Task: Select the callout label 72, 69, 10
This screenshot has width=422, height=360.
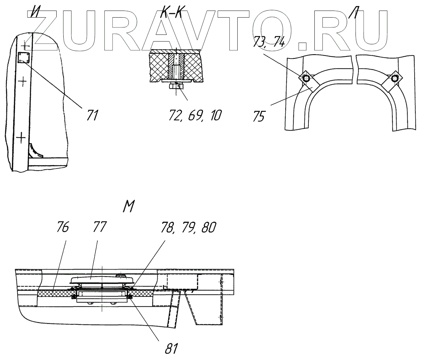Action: click(x=194, y=115)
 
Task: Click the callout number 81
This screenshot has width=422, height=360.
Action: click(x=171, y=349)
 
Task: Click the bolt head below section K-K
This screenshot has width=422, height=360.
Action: click(x=175, y=86)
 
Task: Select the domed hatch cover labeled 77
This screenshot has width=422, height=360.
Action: click(x=102, y=280)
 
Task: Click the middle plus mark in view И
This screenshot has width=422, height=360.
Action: click(x=22, y=82)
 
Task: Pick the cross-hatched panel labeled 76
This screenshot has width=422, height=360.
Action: click(x=53, y=292)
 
